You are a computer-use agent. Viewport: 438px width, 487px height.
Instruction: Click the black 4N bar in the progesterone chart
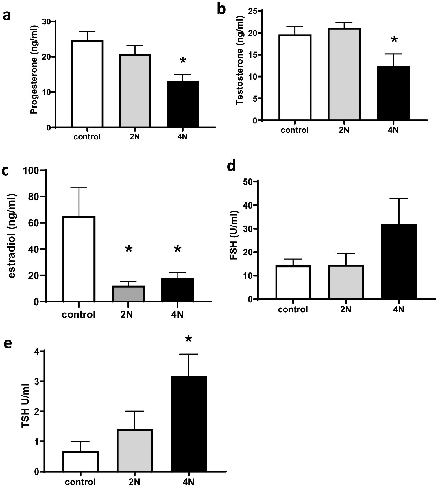tap(183, 104)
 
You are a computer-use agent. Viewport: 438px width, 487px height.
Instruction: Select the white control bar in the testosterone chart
tap(295, 78)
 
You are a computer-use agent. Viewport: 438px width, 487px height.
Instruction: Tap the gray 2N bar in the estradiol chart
tap(128, 294)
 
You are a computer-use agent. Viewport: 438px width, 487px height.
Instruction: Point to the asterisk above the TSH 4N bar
tap(188, 340)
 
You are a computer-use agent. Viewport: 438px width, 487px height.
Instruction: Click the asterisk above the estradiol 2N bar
tap(129, 249)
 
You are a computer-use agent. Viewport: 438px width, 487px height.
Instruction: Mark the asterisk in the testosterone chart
tap(394, 40)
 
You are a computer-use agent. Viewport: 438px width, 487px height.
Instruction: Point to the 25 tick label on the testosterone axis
tap(254, 11)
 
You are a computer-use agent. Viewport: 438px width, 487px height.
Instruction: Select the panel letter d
tap(231, 167)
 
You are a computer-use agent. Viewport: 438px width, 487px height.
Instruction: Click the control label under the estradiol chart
tap(78, 315)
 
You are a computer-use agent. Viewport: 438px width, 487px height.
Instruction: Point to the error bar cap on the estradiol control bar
tap(79, 188)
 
